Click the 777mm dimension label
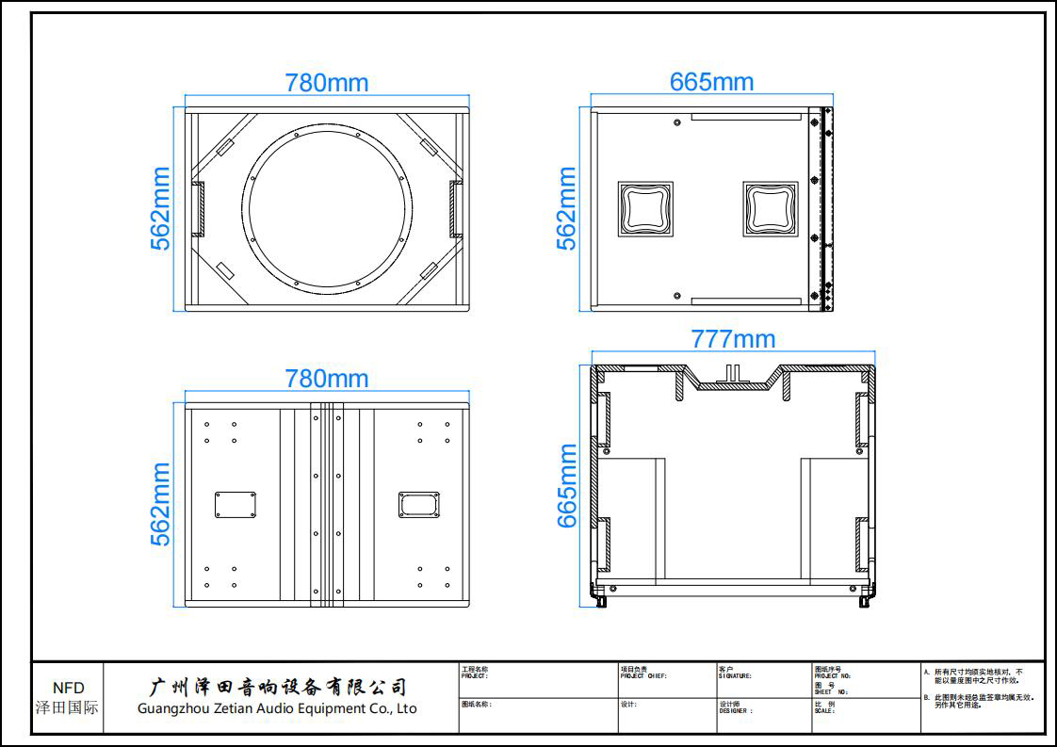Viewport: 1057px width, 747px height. coord(733,338)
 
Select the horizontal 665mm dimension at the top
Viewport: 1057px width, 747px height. coord(711,82)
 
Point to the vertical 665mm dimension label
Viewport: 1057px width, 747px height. coord(567,486)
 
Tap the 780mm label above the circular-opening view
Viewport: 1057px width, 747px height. coord(327,83)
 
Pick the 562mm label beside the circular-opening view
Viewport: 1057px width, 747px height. coord(162,208)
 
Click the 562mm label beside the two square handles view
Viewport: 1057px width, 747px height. coord(566,208)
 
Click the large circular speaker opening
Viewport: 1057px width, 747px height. coord(330,206)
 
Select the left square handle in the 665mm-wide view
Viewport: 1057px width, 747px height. coord(645,208)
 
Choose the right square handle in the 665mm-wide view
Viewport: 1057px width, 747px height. coord(770,208)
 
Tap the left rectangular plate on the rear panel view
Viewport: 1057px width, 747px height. coord(236,504)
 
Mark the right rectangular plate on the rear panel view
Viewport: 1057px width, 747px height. coord(418,504)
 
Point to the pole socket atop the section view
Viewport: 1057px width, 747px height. coord(735,373)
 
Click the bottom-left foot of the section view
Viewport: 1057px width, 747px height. coord(599,597)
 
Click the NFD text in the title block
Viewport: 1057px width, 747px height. coord(68,689)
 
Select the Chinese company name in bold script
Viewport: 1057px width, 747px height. coord(280,687)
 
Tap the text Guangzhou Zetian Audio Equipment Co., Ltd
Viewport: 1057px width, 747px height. coord(277,708)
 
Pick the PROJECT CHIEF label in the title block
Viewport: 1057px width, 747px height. coord(643,675)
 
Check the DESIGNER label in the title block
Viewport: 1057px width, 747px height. coord(736,711)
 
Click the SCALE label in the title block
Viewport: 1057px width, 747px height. coord(824,711)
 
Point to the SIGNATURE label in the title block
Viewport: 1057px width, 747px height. coord(735,675)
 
